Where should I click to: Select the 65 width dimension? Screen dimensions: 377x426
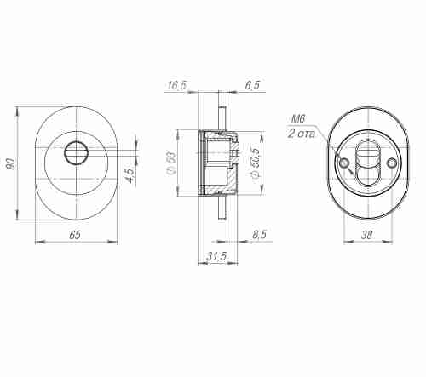pos(75,234)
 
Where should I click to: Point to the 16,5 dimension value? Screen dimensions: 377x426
pos(177,86)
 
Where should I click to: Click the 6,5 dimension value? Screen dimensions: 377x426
pos(253,86)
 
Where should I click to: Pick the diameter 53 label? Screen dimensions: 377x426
pos(171,163)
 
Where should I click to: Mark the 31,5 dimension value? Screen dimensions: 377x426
pos(216,256)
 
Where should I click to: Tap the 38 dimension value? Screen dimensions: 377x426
pos(367,234)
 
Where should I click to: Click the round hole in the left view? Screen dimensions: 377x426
pos(76,152)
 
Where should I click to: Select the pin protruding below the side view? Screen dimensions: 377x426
pos(223,207)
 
